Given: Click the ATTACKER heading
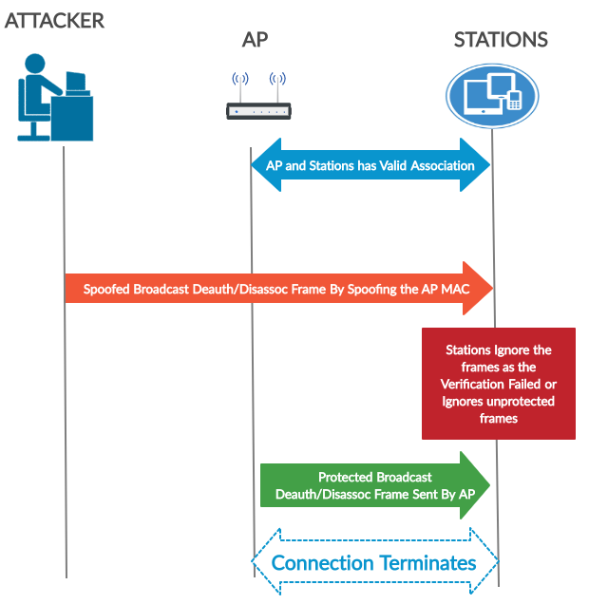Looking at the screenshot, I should (54, 20).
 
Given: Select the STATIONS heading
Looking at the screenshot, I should (501, 40).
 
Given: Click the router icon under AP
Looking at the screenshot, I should (256, 111).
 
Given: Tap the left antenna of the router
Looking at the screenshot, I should (239, 85).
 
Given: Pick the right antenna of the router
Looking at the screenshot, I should (277, 85).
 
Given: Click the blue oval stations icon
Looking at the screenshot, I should (492, 95).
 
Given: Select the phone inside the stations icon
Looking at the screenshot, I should (514, 99).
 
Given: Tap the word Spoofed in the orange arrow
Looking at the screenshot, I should (106, 288).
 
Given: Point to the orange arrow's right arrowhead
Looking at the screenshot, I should (480, 288).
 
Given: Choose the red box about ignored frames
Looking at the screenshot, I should (499, 384).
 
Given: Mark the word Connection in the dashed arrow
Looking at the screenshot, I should (323, 563).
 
